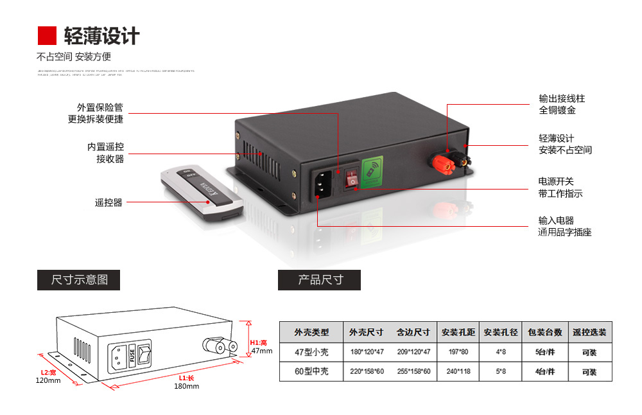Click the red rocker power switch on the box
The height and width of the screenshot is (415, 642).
click(x=351, y=178)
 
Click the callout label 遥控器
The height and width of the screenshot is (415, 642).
click(x=108, y=202)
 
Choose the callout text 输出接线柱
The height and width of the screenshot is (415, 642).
click(x=562, y=98)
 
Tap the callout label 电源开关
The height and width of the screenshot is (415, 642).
click(x=556, y=181)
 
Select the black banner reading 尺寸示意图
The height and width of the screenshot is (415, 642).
click(x=78, y=280)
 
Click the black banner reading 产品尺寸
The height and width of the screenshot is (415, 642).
click(x=319, y=280)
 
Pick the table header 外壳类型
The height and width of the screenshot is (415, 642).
click(x=311, y=332)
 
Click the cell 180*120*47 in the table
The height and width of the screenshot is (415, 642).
click(x=367, y=352)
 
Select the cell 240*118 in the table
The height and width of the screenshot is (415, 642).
click(x=458, y=371)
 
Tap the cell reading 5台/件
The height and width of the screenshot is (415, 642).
click(x=544, y=352)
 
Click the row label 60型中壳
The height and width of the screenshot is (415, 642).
click(x=311, y=371)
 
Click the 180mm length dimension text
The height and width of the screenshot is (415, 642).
click(x=186, y=386)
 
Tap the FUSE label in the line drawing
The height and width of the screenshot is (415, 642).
click(x=132, y=355)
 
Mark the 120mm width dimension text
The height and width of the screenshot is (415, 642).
click(x=48, y=380)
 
